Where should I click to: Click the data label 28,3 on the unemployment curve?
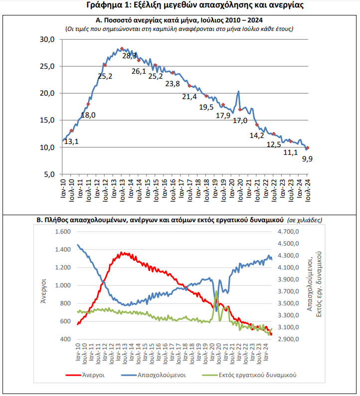click(x=129, y=56)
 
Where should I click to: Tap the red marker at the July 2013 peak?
click(x=122, y=48)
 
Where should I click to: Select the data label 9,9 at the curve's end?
click(x=308, y=159)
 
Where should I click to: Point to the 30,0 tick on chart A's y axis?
click(x=47, y=39)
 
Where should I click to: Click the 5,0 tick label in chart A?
click(x=49, y=174)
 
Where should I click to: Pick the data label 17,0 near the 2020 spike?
click(x=240, y=121)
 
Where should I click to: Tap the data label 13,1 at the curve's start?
click(x=71, y=141)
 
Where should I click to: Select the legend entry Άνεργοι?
click(x=85, y=375)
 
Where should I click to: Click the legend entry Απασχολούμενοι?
click(x=154, y=375)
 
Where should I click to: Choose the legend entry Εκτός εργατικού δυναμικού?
click(x=249, y=375)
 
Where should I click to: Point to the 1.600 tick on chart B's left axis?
click(x=63, y=232)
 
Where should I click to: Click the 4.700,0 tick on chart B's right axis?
click(x=288, y=232)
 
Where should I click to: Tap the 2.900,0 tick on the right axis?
click(x=288, y=339)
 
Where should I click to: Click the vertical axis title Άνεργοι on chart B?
click(x=44, y=291)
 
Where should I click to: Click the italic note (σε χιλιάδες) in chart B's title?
click(x=305, y=220)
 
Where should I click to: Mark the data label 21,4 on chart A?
click(x=189, y=97)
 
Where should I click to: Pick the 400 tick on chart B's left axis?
click(x=65, y=339)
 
